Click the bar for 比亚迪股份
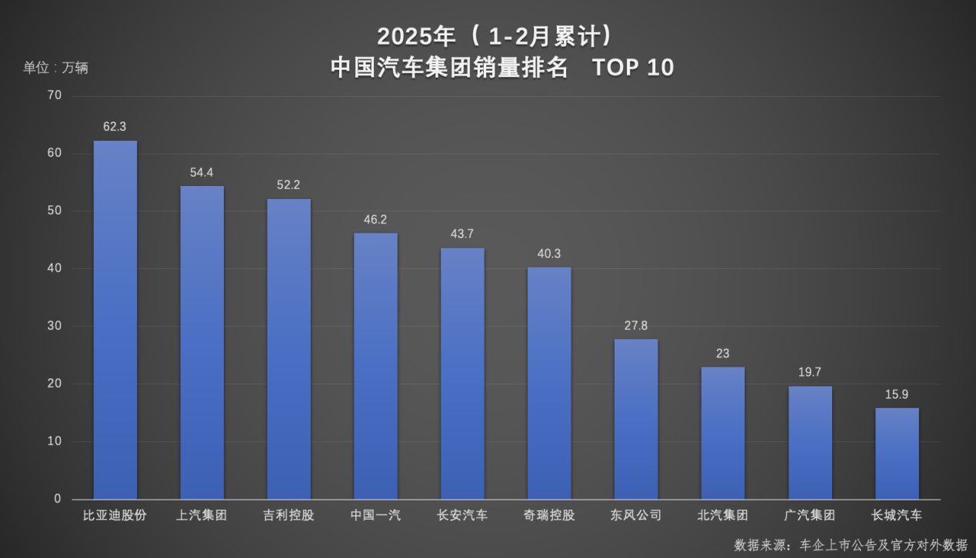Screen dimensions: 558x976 click(x=115, y=320)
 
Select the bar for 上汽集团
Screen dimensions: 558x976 click(x=202, y=342)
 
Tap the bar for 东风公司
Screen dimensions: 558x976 click(x=636, y=419)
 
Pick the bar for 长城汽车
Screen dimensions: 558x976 click(x=897, y=453)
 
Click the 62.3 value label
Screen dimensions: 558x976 click(x=115, y=127)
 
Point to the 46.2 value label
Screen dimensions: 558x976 click(x=375, y=220)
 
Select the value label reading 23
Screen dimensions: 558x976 click(x=722, y=354)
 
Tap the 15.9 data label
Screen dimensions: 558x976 click(x=897, y=394)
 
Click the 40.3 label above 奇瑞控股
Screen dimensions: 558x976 click(x=549, y=254)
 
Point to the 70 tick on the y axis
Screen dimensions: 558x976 click(x=54, y=95)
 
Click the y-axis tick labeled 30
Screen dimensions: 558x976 click(x=54, y=326)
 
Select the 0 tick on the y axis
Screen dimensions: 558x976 click(x=57, y=499)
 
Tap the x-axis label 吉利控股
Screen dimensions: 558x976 click(x=288, y=515)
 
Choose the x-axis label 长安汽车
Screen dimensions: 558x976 click(x=462, y=515)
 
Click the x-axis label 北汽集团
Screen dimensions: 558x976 click(x=722, y=515)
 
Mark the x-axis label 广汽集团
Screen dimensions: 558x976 click(x=810, y=515)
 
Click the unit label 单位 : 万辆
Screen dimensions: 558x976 click(x=55, y=68)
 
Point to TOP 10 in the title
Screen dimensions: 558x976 click(x=633, y=68)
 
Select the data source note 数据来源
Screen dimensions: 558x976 click(x=851, y=544)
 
